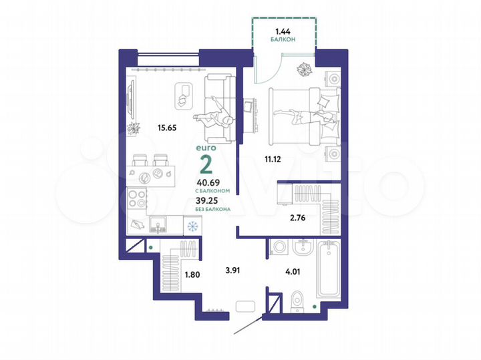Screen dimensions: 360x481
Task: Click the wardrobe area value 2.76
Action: (x=298, y=216)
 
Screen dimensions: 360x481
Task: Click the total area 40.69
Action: (x=207, y=182)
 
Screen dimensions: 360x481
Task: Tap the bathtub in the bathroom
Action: (x=329, y=271)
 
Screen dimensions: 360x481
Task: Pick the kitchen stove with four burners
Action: (x=138, y=198)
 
